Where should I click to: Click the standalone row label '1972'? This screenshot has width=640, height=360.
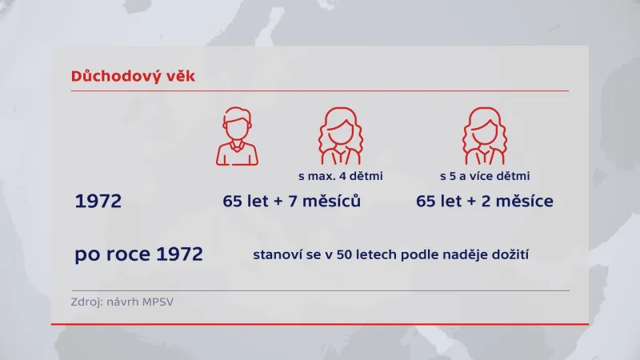click(98, 202)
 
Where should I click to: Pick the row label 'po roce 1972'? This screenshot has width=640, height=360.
click(138, 255)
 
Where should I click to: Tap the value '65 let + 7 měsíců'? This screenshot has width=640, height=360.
click(292, 202)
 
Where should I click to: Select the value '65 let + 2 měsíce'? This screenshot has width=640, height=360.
click(485, 202)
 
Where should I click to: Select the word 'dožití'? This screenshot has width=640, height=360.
click(511, 256)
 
